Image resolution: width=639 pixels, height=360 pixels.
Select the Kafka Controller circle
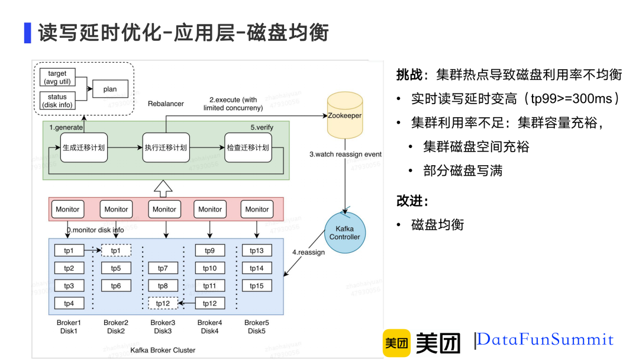(x=344, y=232)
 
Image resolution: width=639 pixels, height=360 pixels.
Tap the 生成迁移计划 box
(x=83, y=147)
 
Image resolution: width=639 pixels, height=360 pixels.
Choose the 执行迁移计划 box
(x=165, y=147)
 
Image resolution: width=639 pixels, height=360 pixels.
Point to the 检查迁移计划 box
(x=247, y=147)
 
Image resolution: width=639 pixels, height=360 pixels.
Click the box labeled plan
(x=110, y=89)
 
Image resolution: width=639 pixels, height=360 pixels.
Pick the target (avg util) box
(x=57, y=78)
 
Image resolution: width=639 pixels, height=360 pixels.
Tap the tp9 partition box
(x=209, y=250)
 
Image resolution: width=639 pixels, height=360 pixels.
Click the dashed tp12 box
(x=163, y=303)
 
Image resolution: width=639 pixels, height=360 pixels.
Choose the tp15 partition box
(x=256, y=286)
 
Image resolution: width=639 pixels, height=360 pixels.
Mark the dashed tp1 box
(x=116, y=250)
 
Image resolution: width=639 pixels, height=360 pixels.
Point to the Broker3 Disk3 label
(x=162, y=327)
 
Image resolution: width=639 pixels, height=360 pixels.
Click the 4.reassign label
(x=308, y=252)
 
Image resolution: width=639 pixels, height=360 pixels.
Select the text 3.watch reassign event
(x=346, y=154)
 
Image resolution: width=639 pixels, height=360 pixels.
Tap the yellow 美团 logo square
(x=396, y=343)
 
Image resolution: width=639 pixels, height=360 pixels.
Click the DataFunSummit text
(x=545, y=340)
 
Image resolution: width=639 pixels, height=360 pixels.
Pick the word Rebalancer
(x=166, y=104)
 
